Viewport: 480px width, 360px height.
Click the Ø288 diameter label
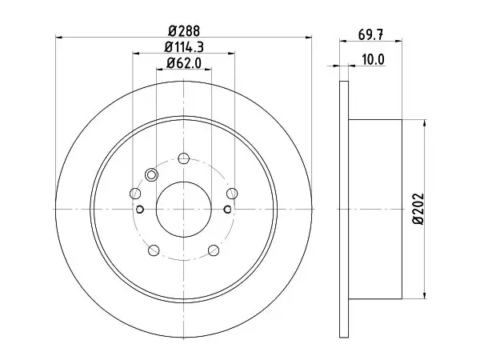[184, 31]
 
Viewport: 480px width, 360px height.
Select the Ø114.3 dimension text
[184, 47]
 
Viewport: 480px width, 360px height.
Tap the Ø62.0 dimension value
[184, 63]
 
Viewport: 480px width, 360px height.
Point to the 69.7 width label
[370, 35]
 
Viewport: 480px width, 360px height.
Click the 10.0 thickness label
[373, 60]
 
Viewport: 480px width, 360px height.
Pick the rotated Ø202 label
[418, 209]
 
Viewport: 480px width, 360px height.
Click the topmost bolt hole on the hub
[184, 158]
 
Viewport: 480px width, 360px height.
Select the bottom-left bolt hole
[154, 250]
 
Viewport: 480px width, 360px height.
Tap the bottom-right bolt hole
[214, 250]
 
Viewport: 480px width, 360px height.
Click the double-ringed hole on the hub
[151, 175]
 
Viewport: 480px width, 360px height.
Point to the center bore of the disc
[184, 210]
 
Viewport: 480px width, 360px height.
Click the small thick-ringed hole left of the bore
[140, 210]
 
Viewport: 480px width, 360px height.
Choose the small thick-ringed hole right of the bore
[227, 210]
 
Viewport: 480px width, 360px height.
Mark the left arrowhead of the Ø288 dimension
[58, 38]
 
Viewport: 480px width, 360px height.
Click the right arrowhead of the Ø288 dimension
[309, 38]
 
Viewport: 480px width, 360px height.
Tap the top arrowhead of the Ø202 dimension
[424, 123]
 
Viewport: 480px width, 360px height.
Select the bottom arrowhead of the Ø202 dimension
[424, 295]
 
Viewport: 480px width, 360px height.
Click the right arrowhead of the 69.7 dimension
[398, 41]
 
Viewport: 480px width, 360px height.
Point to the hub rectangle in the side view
[375, 209]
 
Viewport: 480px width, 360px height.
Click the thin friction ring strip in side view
[344, 210]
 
